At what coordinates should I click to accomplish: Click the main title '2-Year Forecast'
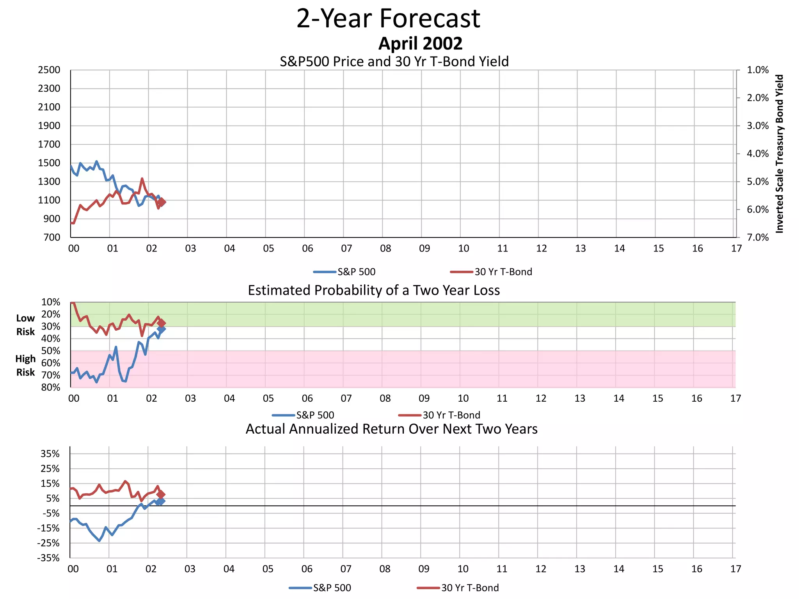click(388, 19)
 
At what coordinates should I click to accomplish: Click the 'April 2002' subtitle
click(420, 43)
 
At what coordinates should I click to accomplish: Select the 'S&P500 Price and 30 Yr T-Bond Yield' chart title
click(394, 62)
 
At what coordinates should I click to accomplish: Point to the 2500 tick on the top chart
click(49, 70)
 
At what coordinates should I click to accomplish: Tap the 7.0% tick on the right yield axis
click(757, 237)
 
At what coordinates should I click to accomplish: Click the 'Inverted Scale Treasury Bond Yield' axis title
click(779, 154)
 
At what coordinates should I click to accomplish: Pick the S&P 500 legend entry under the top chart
click(345, 272)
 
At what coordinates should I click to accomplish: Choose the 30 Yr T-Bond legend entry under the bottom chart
click(458, 588)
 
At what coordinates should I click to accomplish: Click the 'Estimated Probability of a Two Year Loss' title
click(374, 291)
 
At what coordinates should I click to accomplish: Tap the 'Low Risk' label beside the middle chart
click(25, 325)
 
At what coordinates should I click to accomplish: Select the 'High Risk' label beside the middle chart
click(25, 365)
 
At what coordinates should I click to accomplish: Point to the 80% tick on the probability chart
click(51, 388)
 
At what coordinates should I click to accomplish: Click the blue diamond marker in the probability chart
click(162, 330)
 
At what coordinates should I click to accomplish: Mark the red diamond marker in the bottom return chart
click(161, 494)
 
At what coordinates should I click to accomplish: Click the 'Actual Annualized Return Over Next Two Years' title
click(391, 429)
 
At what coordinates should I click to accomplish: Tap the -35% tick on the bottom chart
click(48, 558)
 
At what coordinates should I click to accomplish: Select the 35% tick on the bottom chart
click(50, 454)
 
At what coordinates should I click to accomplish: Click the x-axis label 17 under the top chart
click(736, 248)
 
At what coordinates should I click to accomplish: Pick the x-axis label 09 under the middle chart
click(424, 399)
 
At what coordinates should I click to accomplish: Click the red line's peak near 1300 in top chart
click(142, 179)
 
